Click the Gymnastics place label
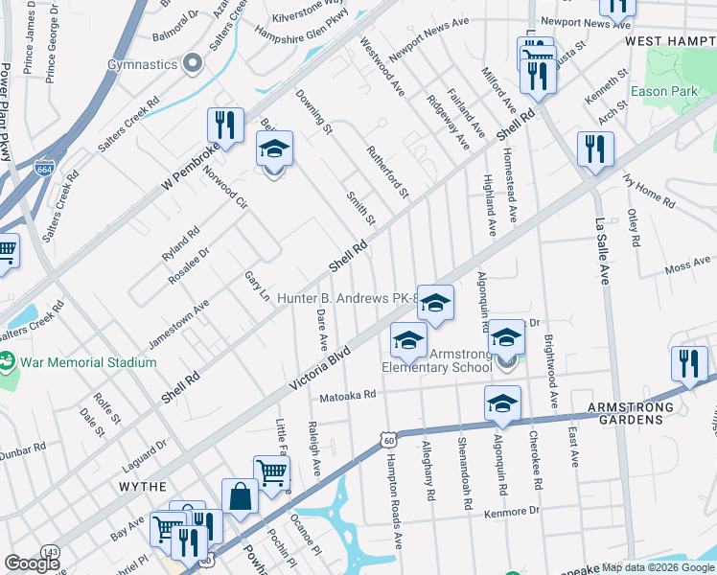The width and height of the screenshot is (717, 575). (x=143, y=64)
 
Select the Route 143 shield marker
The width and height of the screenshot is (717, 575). (x=51, y=552)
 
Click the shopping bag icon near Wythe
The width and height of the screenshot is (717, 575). (x=240, y=497)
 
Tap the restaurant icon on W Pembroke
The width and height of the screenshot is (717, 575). (x=221, y=125)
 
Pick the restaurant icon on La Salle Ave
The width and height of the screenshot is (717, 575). (x=595, y=149)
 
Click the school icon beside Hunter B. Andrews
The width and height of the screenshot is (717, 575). (x=435, y=303)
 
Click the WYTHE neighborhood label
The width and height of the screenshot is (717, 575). (x=143, y=487)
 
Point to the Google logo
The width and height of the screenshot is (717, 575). (x=33, y=563)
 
